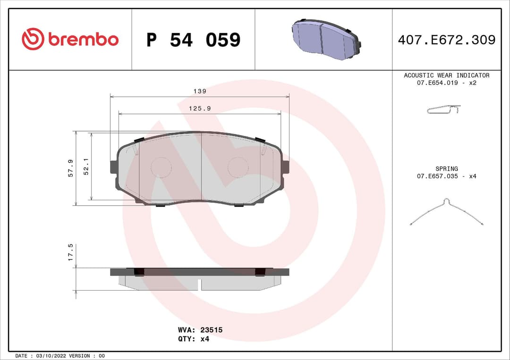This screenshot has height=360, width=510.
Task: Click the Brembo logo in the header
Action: coord(70,40)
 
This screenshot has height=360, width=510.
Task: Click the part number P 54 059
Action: coord(193,40)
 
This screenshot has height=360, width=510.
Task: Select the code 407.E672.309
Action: coord(446,40)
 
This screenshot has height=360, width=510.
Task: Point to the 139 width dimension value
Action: coord(200,91)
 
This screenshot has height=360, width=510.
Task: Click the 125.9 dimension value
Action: coord(200,108)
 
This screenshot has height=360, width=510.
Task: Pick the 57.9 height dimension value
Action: coord(70,168)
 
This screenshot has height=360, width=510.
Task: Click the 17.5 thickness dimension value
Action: coord(70,252)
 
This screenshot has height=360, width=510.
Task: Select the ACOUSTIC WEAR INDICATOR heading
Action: coord(446,75)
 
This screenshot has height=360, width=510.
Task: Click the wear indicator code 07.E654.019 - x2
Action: coord(446,83)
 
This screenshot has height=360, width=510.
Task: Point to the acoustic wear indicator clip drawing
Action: coord(444,109)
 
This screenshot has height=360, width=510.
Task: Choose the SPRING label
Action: coord(446,168)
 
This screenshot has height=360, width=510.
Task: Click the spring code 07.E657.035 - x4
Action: coord(446,176)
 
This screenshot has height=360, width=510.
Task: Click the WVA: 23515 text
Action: coord(200,330)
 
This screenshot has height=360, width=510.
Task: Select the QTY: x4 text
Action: coord(193,338)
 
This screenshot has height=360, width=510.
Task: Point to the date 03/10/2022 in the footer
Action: coord(52,355)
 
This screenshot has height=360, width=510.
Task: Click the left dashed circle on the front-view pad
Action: coord(161,167)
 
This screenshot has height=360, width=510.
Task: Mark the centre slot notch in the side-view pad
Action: coord(200,285)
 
